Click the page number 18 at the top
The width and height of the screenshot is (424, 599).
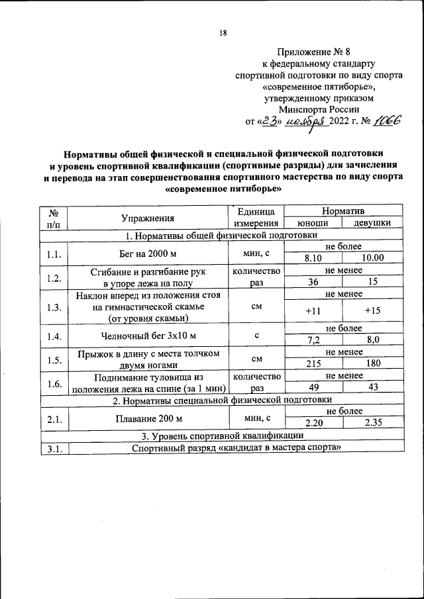pyautogui.click(x=223, y=34)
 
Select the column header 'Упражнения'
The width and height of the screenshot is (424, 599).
pyautogui.click(x=148, y=218)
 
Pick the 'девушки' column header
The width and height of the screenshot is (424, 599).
pyautogui.click(x=371, y=223)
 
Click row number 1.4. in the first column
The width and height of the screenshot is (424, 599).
pyautogui.click(x=54, y=335)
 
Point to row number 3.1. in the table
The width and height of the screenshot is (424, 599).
pyautogui.click(x=54, y=448)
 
